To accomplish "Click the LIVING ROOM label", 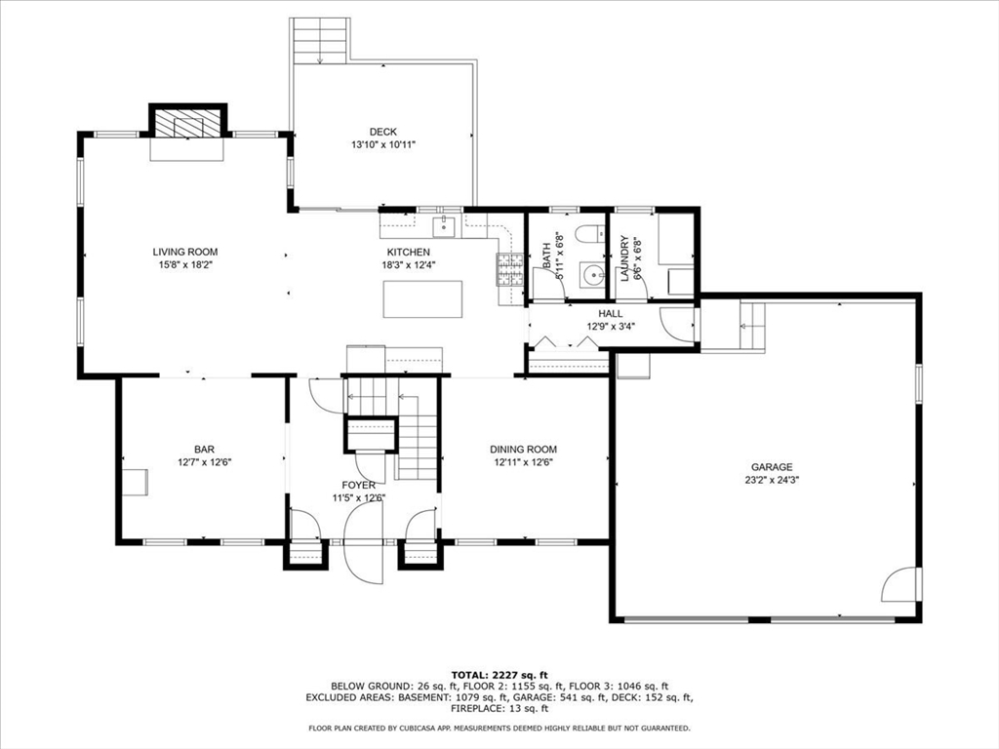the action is pyautogui.click(x=184, y=252).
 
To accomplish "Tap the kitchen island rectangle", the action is pyautogui.click(x=422, y=298).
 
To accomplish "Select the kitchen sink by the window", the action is pyautogui.click(x=444, y=226).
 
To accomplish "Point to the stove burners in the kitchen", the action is pyautogui.click(x=509, y=269).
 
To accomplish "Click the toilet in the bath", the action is pyautogui.click(x=590, y=234).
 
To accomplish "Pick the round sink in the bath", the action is pyautogui.click(x=593, y=275).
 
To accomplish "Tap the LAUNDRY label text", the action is pyautogui.click(x=624, y=257).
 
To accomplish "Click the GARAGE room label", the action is pyautogui.click(x=772, y=467).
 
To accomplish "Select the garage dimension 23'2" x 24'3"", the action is pyautogui.click(x=772, y=480).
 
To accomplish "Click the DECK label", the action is pyautogui.click(x=382, y=132).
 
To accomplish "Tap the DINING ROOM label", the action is pyautogui.click(x=523, y=449).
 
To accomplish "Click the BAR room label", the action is pyautogui.click(x=204, y=449).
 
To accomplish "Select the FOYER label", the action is pyautogui.click(x=358, y=486).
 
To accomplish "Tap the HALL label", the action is pyautogui.click(x=611, y=313).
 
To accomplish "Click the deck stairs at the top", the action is pyautogui.click(x=320, y=40).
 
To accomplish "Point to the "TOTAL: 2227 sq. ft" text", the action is pyautogui.click(x=499, y=675).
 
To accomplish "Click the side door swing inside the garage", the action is pyautogui.click(x=899, y=583).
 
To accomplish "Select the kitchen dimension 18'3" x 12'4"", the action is pyautogui.click(x=409, y=265).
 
